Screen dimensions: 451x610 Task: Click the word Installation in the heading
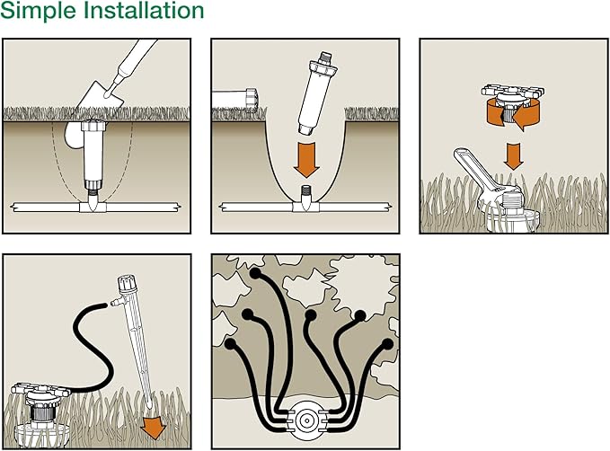(x=143, y=13)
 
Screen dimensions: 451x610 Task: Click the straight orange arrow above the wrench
(x=514, y=155)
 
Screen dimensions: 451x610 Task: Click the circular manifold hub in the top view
(x=307, y=419)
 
